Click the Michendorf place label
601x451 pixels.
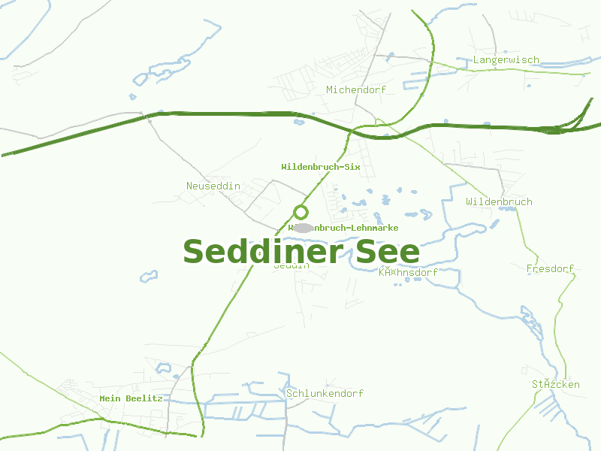356,89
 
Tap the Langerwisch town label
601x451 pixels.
506,59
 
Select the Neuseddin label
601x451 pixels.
213,186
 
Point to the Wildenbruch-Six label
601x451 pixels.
321,166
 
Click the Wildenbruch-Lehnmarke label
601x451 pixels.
343,228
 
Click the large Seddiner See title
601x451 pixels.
300,251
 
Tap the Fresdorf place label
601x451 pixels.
550,268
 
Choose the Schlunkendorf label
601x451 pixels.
325,393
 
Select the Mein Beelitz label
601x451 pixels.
131,398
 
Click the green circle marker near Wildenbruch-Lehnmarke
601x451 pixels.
301,212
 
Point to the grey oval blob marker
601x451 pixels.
303,228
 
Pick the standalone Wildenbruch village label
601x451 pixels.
499,201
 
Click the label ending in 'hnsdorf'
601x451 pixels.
408,272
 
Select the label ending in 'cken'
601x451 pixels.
556,384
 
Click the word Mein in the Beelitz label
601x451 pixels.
110,398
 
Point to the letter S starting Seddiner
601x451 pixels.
195,251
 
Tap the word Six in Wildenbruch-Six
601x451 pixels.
352,166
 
